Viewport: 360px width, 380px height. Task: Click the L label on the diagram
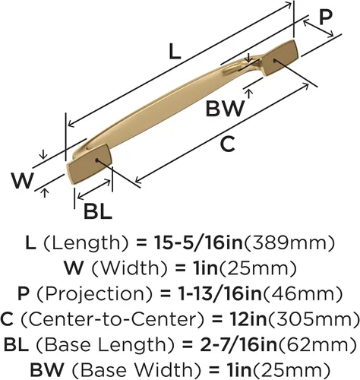175,52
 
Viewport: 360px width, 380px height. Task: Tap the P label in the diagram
326,17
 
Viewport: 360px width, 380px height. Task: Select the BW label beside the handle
226,108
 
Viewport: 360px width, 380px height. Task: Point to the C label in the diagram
228,144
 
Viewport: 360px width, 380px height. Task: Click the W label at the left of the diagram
23,181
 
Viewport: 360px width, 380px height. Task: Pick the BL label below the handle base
98,211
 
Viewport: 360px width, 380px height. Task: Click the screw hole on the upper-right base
274,61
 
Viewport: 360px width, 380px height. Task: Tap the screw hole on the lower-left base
96,160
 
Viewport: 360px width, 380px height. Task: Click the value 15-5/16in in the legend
199,242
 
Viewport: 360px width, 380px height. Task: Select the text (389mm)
289,243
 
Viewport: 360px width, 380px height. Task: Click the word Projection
95,294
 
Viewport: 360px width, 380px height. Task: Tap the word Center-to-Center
112,319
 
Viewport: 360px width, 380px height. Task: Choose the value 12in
248,319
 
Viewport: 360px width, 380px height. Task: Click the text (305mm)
314,319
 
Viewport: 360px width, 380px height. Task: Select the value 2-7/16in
238,344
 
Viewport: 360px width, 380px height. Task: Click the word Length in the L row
84,243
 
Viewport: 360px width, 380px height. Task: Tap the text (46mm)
303,294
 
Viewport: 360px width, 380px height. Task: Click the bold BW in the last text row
47,369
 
